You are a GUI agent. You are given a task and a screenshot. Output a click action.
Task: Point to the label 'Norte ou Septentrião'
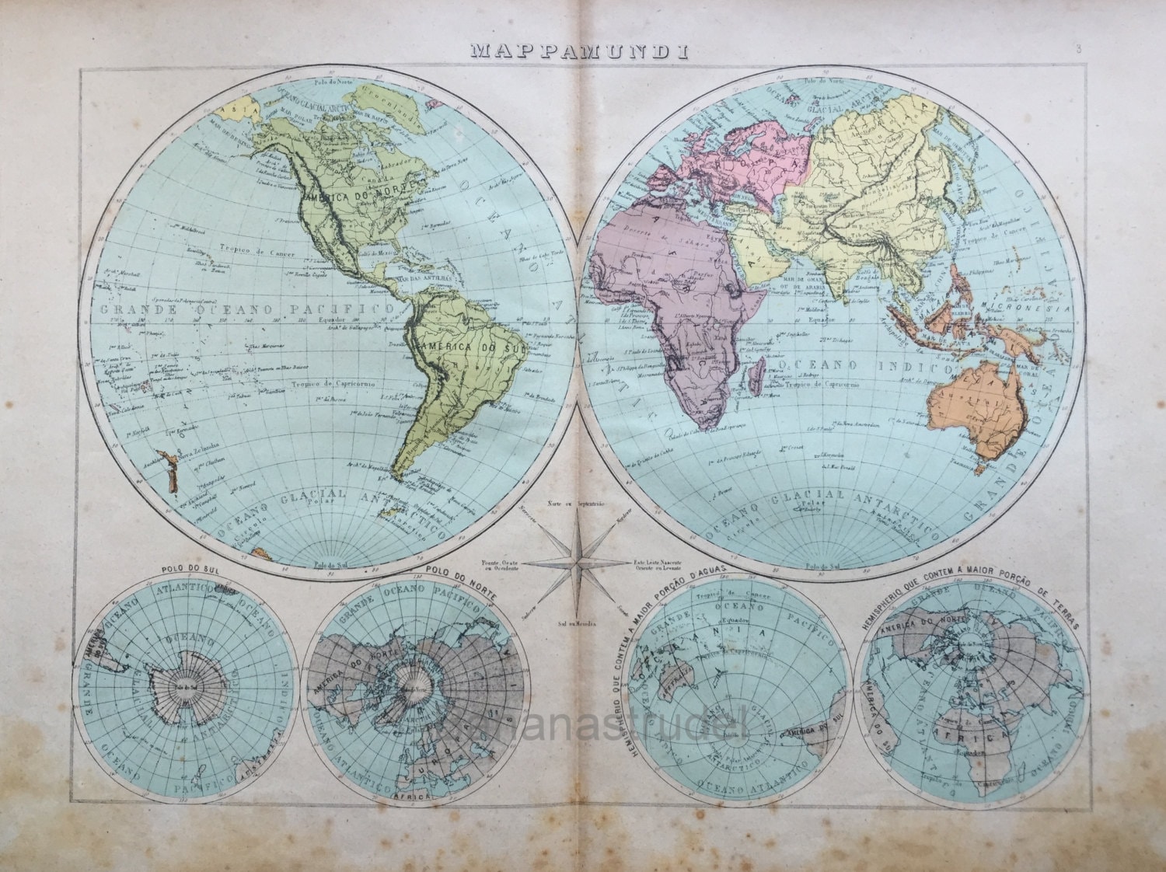[581, 504]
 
